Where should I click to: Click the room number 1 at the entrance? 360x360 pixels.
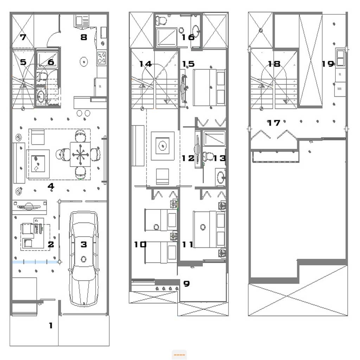51,325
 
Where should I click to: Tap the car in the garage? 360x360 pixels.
84,258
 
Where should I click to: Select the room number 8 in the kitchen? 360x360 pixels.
84,37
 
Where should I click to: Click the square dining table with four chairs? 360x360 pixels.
80,154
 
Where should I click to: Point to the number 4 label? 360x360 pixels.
51,186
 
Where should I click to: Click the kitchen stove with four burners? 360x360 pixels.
102,58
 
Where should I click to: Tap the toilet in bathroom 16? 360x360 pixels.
161,21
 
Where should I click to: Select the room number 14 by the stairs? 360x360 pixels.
146,64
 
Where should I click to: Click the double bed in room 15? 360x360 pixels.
209,87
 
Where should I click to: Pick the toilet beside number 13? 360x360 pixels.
208,156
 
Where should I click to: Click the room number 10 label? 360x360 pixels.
140,245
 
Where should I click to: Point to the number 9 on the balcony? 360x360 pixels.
186,284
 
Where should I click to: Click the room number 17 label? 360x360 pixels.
274,123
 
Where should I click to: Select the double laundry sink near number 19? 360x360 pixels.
340,57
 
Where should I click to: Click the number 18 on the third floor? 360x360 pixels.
274,64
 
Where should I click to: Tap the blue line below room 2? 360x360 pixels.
36,262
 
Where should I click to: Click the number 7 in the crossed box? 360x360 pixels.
23,37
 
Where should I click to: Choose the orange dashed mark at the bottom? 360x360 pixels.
179,355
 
